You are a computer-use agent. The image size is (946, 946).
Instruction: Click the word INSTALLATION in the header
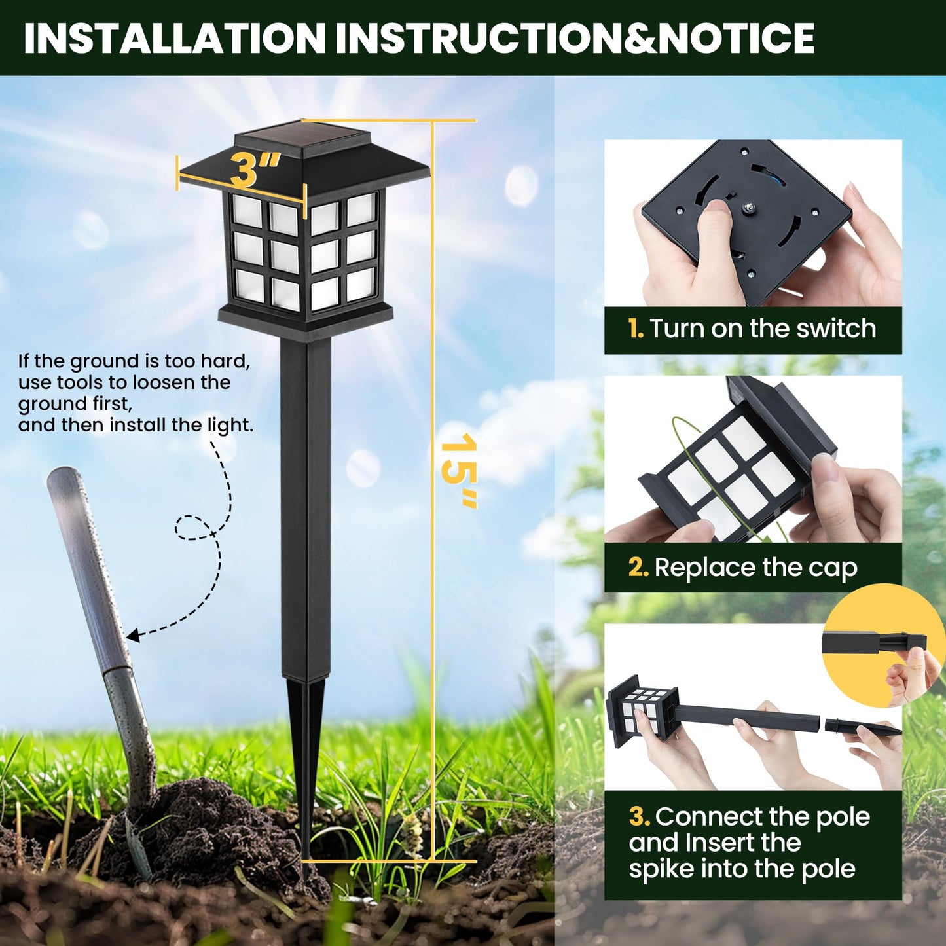coord(174,38)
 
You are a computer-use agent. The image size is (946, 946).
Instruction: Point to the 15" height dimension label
coord(458,471)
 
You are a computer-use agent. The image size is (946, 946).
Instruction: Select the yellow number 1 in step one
coord(635,329)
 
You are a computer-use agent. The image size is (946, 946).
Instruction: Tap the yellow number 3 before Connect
coord(639,817)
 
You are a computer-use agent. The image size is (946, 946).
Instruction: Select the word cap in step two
coord(833,568)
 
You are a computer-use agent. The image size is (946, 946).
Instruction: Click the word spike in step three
coord(661,869)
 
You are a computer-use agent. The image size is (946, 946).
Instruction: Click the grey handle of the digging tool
coord(85,556)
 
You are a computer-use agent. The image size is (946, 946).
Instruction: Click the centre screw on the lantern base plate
coord(746,208)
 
